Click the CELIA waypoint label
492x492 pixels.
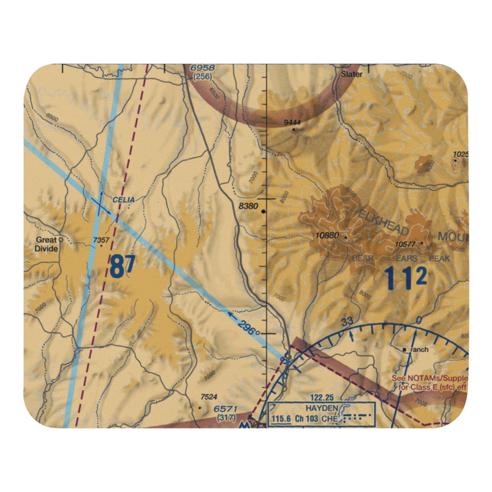[x=123, y=200]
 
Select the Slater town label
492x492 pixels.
[x=352, y=74]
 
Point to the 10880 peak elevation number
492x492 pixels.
[x=327, y=235]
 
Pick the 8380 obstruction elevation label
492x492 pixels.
[x=248, y=206]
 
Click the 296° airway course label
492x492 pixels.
[x=249, y=329]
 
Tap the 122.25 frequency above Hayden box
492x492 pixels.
[x=322, y=397]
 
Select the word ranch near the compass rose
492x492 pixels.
[x=420, y=350]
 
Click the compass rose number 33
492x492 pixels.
[x=347, y=322]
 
